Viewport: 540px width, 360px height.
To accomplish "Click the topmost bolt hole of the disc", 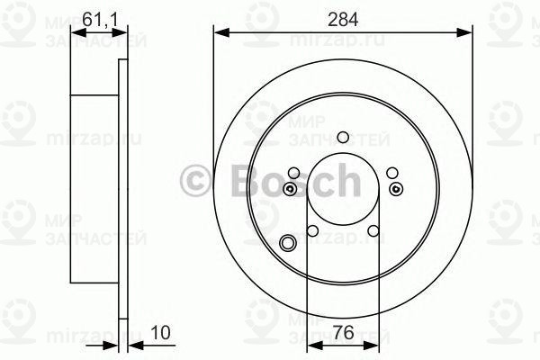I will (342, 138).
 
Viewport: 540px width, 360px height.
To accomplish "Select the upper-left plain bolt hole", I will (294, 174).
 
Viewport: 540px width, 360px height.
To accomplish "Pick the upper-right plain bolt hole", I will (390, 174).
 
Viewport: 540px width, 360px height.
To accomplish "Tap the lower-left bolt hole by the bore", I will (312, 230).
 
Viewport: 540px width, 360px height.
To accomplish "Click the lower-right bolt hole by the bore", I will (372, 230).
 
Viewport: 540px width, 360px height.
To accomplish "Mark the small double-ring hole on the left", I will (289, 189).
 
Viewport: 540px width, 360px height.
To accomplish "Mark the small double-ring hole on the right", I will (396, 189).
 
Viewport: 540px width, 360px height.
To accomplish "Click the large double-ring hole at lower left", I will (288, 242).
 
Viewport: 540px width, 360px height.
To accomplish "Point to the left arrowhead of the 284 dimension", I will (220, 32).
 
